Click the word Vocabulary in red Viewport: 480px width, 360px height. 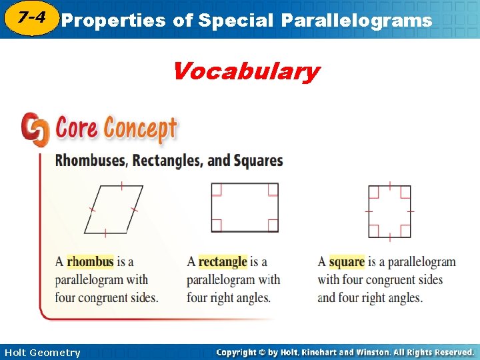click(x=246, y=71)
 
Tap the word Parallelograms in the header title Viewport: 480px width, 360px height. click(x=356, y=21)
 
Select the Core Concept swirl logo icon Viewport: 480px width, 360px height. click(x=35, y=129)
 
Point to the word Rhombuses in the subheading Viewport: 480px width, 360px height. click(x=91, y=161)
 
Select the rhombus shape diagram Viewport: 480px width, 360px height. click(x=113, y=209)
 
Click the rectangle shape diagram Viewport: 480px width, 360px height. click(x=244, y=207)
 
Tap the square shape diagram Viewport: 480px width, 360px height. click(x=389, y=211)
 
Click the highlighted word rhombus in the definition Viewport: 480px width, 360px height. click(x=90, y=261)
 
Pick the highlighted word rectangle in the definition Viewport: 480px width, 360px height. click(x=223, y=261)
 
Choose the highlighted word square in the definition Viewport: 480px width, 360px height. click(x=347, y=261)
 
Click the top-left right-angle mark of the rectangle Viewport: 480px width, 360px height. click(x=216, y=189)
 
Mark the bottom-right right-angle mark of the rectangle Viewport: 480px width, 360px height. click(x=273, y=226)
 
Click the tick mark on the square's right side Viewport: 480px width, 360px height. click(x=411, y=211)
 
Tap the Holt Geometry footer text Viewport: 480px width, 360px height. click(x=42, y=353)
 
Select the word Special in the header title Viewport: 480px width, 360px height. click(x=233, y=21)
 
